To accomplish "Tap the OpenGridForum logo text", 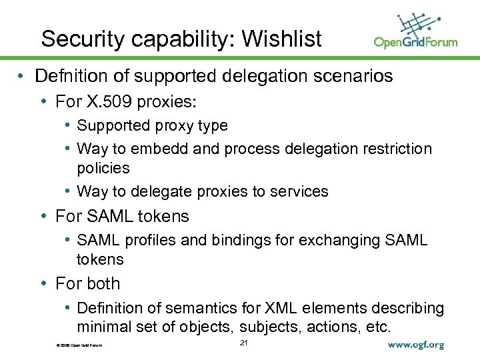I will click(415, 42).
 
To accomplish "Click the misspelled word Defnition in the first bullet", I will click(81, 77).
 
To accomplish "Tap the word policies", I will click(103, 167).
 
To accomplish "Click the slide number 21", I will click(243, 343).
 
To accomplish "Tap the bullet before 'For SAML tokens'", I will click(43, 217).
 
